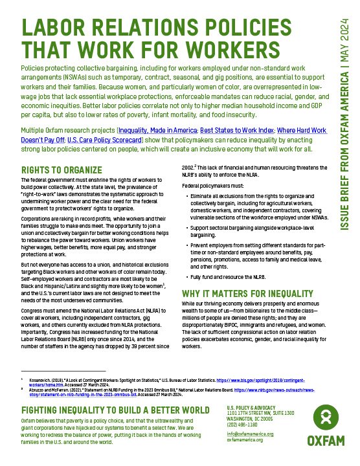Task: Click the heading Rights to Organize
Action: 56,170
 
